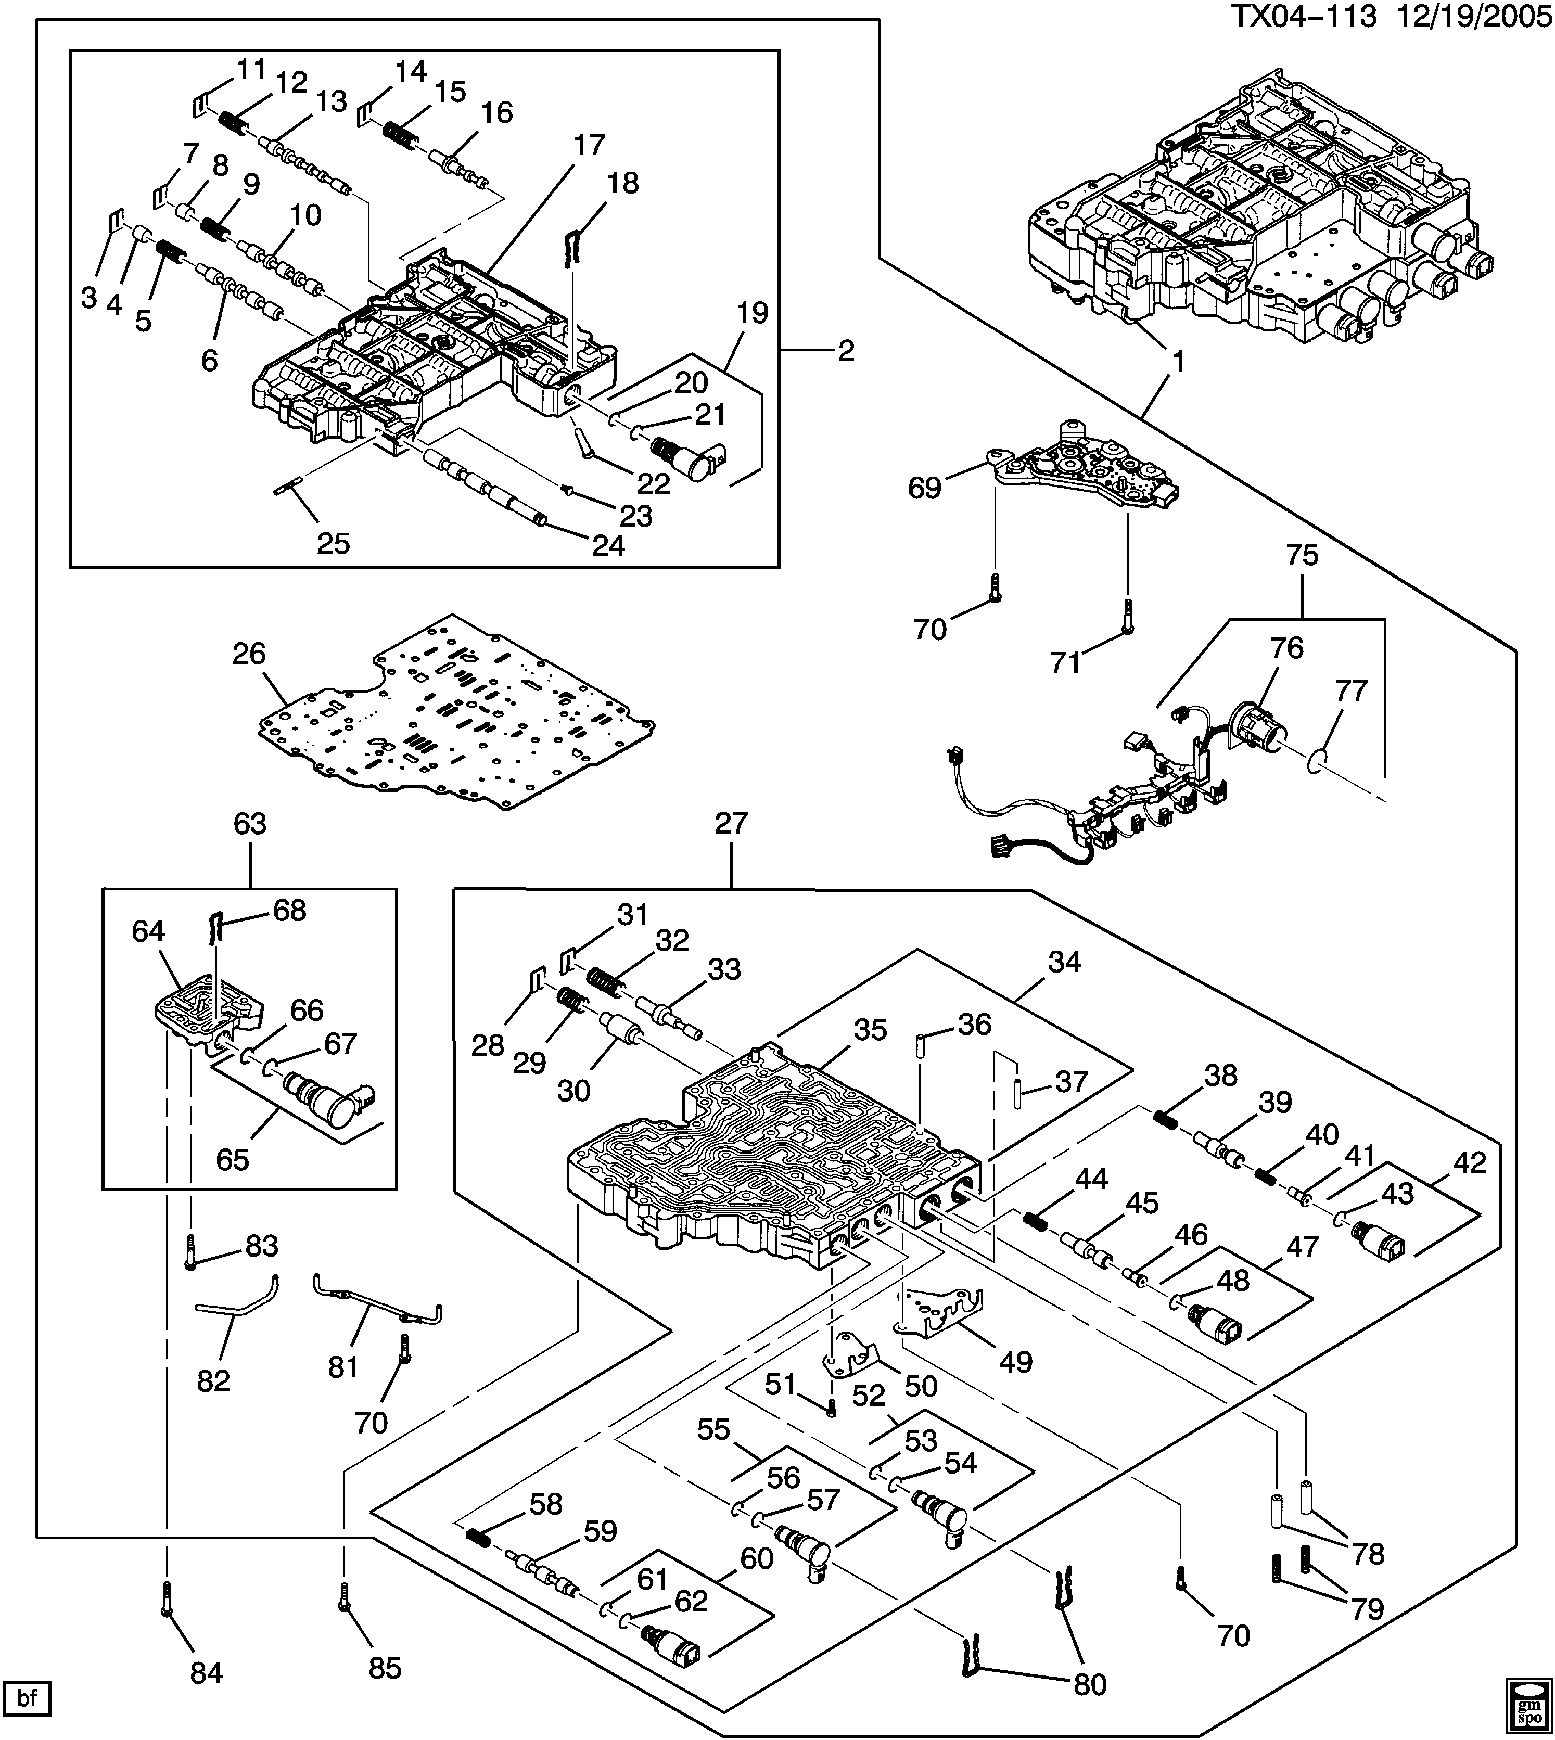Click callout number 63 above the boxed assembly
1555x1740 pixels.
click(249, 824)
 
